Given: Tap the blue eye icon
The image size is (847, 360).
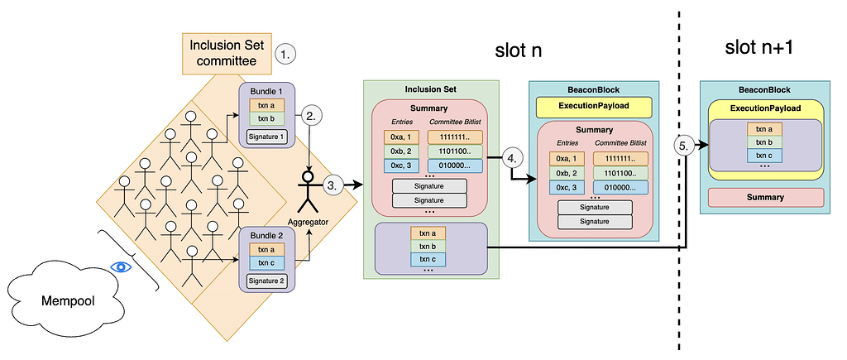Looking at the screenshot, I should (x=122, y=267).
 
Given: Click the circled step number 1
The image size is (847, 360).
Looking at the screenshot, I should (x=285, y=55).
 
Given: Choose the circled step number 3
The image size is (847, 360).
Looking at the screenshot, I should (x=333, y=185).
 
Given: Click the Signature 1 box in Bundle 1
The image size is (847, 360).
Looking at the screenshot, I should (x=266, y=137).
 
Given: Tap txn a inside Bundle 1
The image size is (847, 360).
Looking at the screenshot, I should (x=266, y=105).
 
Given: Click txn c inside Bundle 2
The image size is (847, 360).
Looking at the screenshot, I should (x=266, y=262).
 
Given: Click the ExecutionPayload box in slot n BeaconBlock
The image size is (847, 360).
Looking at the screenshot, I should (x=594, y=107).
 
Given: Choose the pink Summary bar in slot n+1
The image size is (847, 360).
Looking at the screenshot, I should (x=765, y=198).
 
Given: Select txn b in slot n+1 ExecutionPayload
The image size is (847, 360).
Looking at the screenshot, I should (x=765, y=142).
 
